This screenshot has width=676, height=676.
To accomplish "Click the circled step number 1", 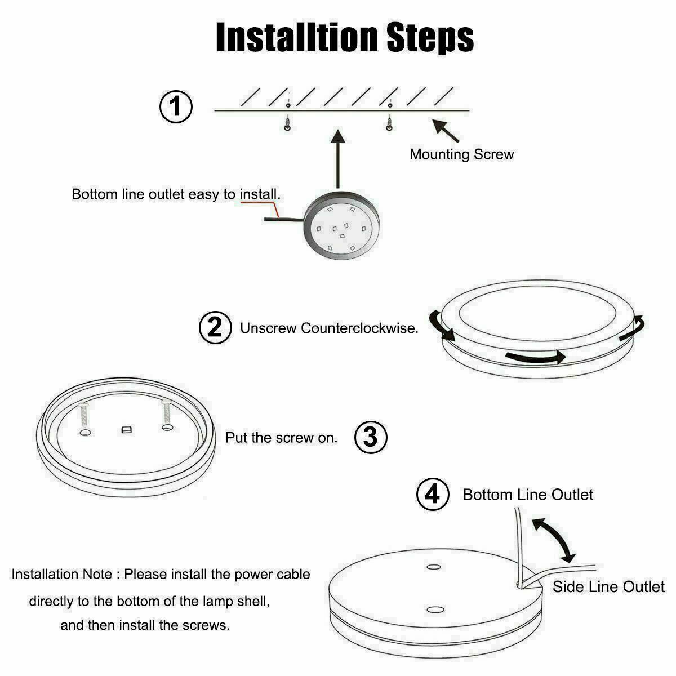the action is (x=176, y=106).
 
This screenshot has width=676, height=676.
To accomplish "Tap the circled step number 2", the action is (x=215, y=327).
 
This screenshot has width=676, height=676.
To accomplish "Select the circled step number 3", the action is (x=371, y=437).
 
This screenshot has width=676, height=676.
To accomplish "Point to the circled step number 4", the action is (x=433, y=494).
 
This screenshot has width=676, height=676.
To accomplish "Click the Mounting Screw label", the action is (x=462, y=154).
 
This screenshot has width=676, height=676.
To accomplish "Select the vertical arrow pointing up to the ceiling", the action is (x=338, y=159).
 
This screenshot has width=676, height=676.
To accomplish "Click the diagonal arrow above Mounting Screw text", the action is (x=445, y=131).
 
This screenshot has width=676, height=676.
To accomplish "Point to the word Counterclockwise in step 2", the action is (x=359, y=328).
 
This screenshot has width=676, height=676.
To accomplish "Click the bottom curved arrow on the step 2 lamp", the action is (x=536, y=358).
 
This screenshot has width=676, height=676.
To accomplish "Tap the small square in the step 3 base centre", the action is (x=127, y=429).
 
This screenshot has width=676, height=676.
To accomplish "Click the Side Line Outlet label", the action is (x=608, y=586).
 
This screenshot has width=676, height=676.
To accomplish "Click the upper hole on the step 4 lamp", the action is (x=434, y=567).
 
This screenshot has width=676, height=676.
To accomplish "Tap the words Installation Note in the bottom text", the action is (x=62, y=574).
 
